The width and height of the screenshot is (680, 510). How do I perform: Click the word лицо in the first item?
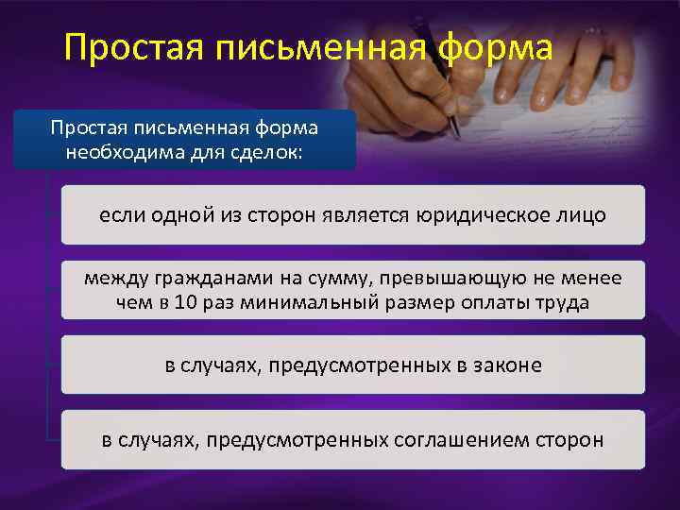582,214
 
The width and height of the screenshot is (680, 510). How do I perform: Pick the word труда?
563,302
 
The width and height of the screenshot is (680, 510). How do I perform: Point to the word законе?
509,365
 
